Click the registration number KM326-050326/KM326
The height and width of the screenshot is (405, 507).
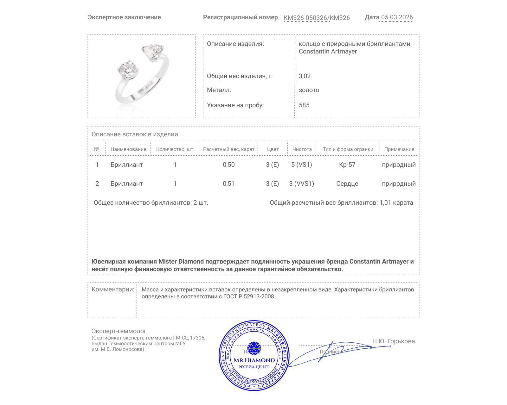(x=317, y=18)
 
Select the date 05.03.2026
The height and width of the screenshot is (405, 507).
(x=397, y=17)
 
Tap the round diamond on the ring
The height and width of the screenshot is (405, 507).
(x=128, y=69)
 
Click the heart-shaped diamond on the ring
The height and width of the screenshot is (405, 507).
(x=152, y=51)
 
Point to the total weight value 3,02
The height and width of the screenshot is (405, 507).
(x=305, y=76)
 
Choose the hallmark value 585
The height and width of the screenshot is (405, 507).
(x=304, y=105)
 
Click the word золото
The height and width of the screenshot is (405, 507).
(x=309, y=90)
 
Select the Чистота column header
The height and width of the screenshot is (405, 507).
(x=302, y=149)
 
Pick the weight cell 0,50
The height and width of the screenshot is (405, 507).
(x=228, y=165)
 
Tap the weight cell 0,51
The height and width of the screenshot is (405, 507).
(x=228, y=184)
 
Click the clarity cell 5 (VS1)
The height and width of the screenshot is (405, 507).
(x=302, y=165)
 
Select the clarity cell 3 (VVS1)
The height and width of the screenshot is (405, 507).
(x=301, y=184)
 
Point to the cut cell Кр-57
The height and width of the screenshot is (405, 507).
(x=347, y=165)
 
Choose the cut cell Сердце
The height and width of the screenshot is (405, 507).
(x=347, y=184)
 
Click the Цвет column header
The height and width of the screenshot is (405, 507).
(x=273, y=149)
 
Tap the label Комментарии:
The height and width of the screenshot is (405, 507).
(x=113, y=289)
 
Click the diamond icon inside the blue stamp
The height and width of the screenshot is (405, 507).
(x=254, y=348)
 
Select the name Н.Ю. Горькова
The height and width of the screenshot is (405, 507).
(x=393, y=341)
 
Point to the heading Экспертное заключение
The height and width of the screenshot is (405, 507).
(x=124, y=17)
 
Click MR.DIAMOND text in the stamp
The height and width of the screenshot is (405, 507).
(x=254, y=360)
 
